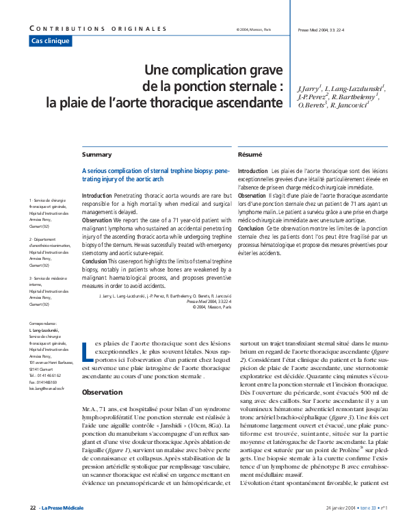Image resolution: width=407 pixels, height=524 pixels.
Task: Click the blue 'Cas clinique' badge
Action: (x=51, y=41)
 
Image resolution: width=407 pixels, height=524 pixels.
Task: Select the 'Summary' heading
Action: (x=96, y=155)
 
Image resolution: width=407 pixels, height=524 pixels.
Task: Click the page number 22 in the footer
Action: (x=33, y=508)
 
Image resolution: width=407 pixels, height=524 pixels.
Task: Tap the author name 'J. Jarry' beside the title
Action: (x=309, y=89)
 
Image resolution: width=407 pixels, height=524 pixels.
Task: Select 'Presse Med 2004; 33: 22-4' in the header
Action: (x=320, y=29)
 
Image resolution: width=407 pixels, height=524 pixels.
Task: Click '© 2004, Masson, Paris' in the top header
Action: (x=253, y=29)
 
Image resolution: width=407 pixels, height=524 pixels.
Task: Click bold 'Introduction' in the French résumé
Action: (x=252, y=170)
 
